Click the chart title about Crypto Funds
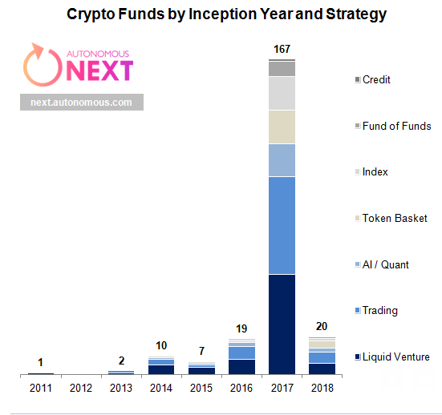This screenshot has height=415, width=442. coord(226,14)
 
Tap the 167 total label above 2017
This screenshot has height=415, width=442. coord(282,50)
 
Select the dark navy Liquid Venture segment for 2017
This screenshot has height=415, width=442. coord(282,324)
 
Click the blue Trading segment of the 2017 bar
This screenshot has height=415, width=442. coord(282,225)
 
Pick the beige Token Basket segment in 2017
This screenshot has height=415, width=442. coord(282,127)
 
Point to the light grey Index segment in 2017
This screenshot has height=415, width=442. coord(282,93)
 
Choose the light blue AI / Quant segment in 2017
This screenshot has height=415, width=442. coord(282,160)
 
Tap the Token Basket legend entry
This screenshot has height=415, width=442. coord(394,218)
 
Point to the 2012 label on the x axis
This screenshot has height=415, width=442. coord(81,388)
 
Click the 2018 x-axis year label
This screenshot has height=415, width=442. coord(322,388)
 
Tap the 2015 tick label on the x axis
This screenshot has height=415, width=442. coord(201,388)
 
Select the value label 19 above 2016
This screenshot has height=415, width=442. coord(241,328)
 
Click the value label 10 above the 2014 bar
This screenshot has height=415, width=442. coord(161,346)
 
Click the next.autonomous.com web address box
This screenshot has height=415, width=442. coord(81,102)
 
